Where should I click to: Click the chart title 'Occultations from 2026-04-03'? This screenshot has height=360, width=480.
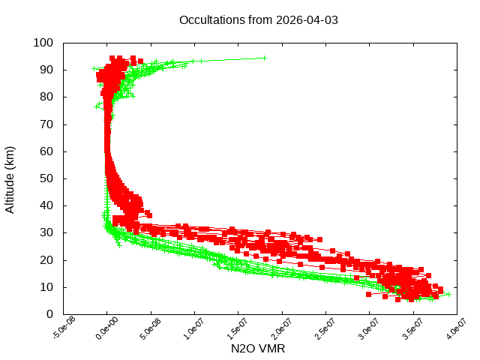[258, 20]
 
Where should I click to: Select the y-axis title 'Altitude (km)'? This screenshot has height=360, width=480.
[10, 178]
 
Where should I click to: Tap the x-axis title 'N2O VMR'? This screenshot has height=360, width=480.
[258, 349]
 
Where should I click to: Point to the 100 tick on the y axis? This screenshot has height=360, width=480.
[43, 43]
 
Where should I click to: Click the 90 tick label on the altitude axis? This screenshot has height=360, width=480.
[46, 70]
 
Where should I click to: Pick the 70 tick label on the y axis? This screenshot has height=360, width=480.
[46, 124]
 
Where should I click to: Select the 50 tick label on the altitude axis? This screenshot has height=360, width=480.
[46, 178]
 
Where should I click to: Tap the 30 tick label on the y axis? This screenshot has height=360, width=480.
[46, 232]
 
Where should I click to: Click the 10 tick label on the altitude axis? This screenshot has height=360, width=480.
[46, 287]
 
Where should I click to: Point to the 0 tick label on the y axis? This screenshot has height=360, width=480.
[49, 314]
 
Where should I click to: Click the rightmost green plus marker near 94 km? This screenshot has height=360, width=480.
[264, 58]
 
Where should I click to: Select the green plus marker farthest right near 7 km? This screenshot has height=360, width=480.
[448, 294]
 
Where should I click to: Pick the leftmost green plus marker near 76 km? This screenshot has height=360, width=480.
[96, 106]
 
